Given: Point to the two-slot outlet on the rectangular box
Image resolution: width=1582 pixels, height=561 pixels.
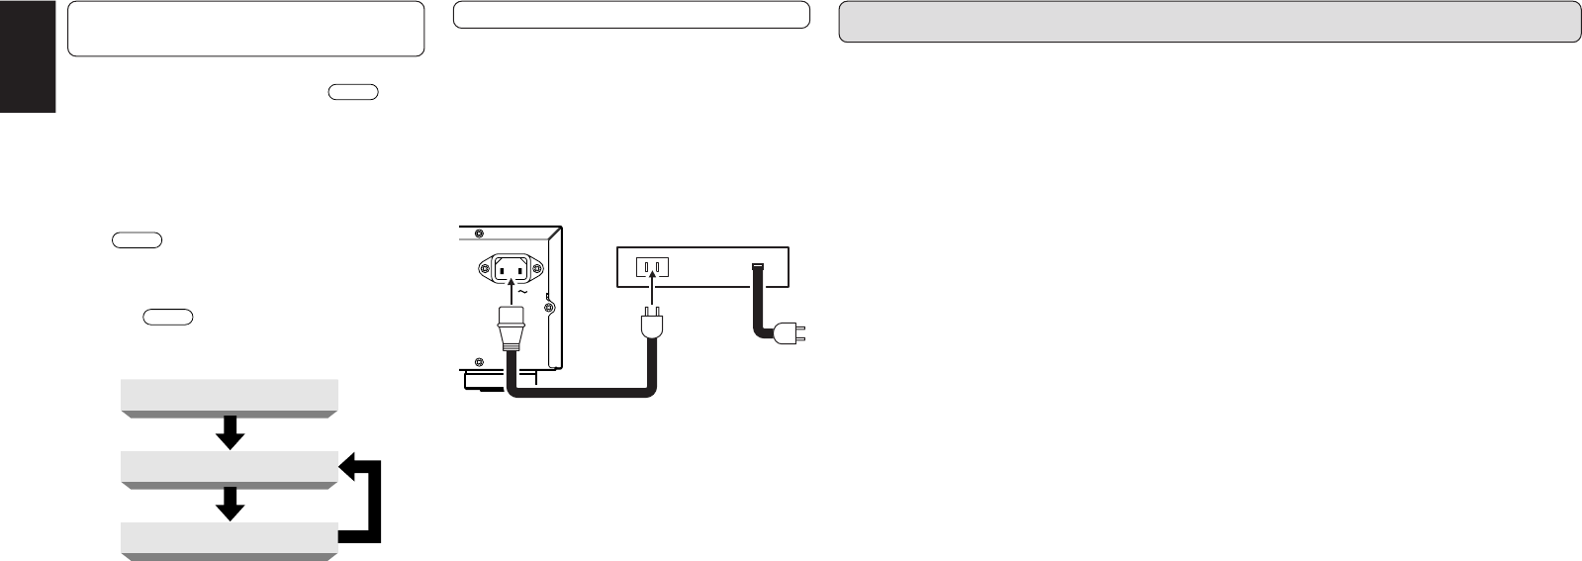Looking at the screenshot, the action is point(651,266).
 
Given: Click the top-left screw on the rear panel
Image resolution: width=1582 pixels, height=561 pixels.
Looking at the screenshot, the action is point(480,235).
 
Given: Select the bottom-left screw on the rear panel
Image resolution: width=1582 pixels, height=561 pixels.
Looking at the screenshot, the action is point(480,361).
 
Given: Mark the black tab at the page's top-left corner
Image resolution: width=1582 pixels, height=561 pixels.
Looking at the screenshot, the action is point(28,56).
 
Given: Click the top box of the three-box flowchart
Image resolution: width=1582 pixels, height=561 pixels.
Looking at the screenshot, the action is point(229,396).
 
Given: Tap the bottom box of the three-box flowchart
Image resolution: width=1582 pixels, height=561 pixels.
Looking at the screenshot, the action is point(229,540).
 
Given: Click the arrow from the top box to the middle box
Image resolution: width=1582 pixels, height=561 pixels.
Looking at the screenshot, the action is point(230,432).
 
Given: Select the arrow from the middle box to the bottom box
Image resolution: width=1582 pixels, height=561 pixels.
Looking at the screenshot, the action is point(230,505).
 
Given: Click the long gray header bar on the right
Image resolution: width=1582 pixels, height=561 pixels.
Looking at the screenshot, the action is point(1209,22).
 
